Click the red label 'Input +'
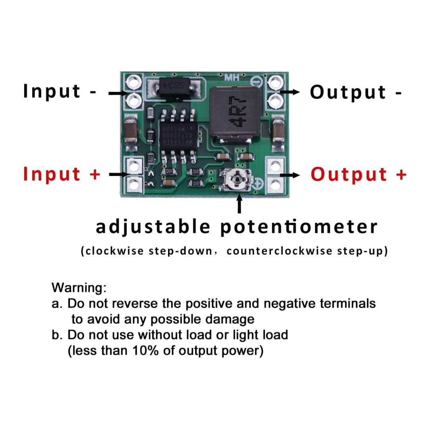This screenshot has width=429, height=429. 62,174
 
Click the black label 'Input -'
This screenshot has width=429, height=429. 60,91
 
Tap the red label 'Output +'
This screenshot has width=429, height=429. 359,174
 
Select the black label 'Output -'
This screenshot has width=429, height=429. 356,92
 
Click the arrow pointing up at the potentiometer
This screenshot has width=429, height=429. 240,203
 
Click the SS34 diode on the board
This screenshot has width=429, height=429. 174,86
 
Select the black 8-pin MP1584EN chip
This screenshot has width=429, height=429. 179,135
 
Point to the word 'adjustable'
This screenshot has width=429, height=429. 153,227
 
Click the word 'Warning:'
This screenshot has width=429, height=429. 79,288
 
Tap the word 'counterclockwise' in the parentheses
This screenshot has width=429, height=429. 279,251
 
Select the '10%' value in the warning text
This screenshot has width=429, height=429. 145,350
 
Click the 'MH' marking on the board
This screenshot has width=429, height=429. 232,77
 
